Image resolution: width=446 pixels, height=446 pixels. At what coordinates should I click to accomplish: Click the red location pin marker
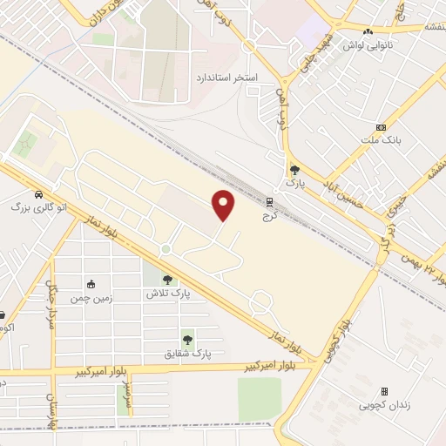[x=225, y=204]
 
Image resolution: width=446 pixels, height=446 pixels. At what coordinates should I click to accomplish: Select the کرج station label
[x=268, y=215]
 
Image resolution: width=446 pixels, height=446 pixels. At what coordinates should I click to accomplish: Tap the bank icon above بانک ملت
[x=381, y=127]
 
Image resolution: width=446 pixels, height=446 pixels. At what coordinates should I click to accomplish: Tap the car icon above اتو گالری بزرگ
[x=39, y=194]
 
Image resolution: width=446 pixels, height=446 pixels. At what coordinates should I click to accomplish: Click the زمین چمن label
[x=91, y=296]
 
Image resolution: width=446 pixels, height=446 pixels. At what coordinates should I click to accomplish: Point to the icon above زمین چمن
[x=91, y=283]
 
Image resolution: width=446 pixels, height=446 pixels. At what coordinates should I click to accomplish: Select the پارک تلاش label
[x=168, y=294]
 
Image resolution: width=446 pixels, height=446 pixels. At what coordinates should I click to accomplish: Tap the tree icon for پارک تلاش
[x=167, y=280]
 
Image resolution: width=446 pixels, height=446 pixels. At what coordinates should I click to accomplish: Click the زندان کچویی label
[x=383, y=405]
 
